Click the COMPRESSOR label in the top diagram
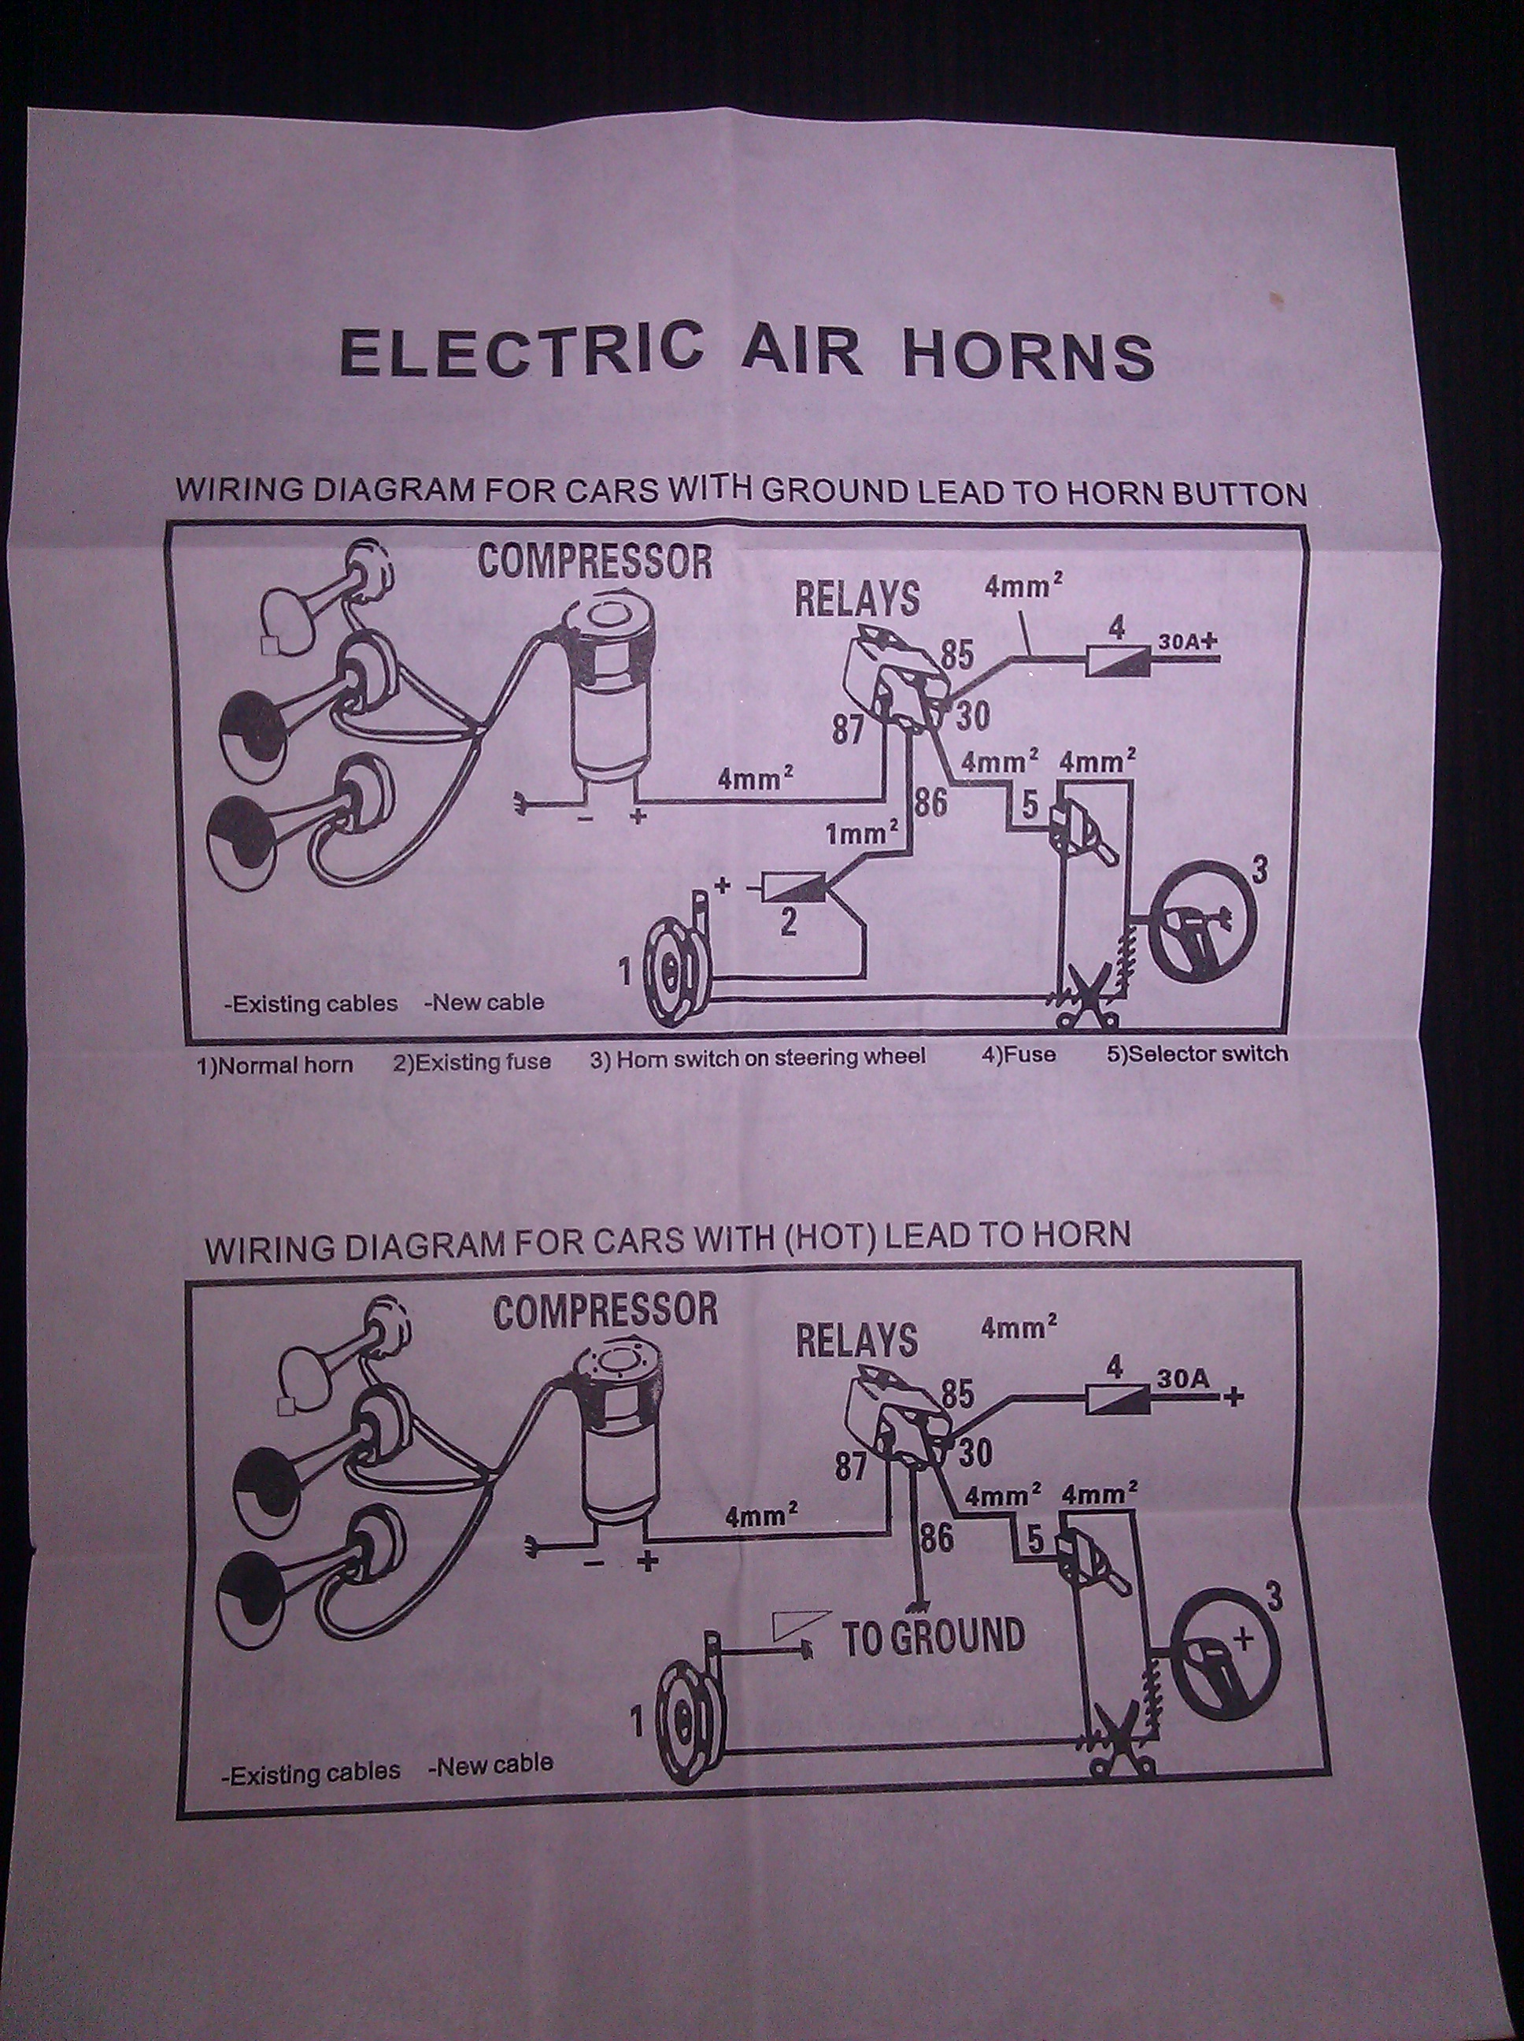[x=595, y=561]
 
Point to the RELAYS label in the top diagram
[x=857, y=598]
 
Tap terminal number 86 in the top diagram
[x=930, y=802]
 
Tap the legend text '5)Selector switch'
[x=1197, y=1053]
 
